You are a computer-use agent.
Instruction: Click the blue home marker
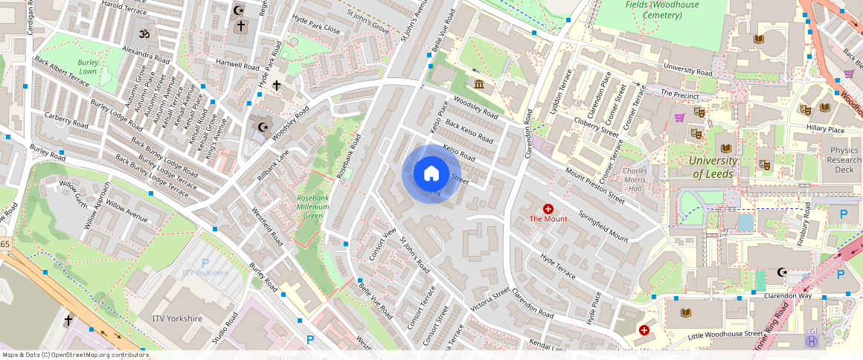431,173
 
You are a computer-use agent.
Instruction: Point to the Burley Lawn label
88,68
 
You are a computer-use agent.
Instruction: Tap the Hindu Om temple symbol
143,34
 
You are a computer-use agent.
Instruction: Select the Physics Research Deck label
844,160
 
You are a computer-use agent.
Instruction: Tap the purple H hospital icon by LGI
812,341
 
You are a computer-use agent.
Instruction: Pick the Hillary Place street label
825,129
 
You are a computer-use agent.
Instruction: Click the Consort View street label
383,245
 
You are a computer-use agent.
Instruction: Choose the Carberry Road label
66,119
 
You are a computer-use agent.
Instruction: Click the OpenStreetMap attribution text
74,355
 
